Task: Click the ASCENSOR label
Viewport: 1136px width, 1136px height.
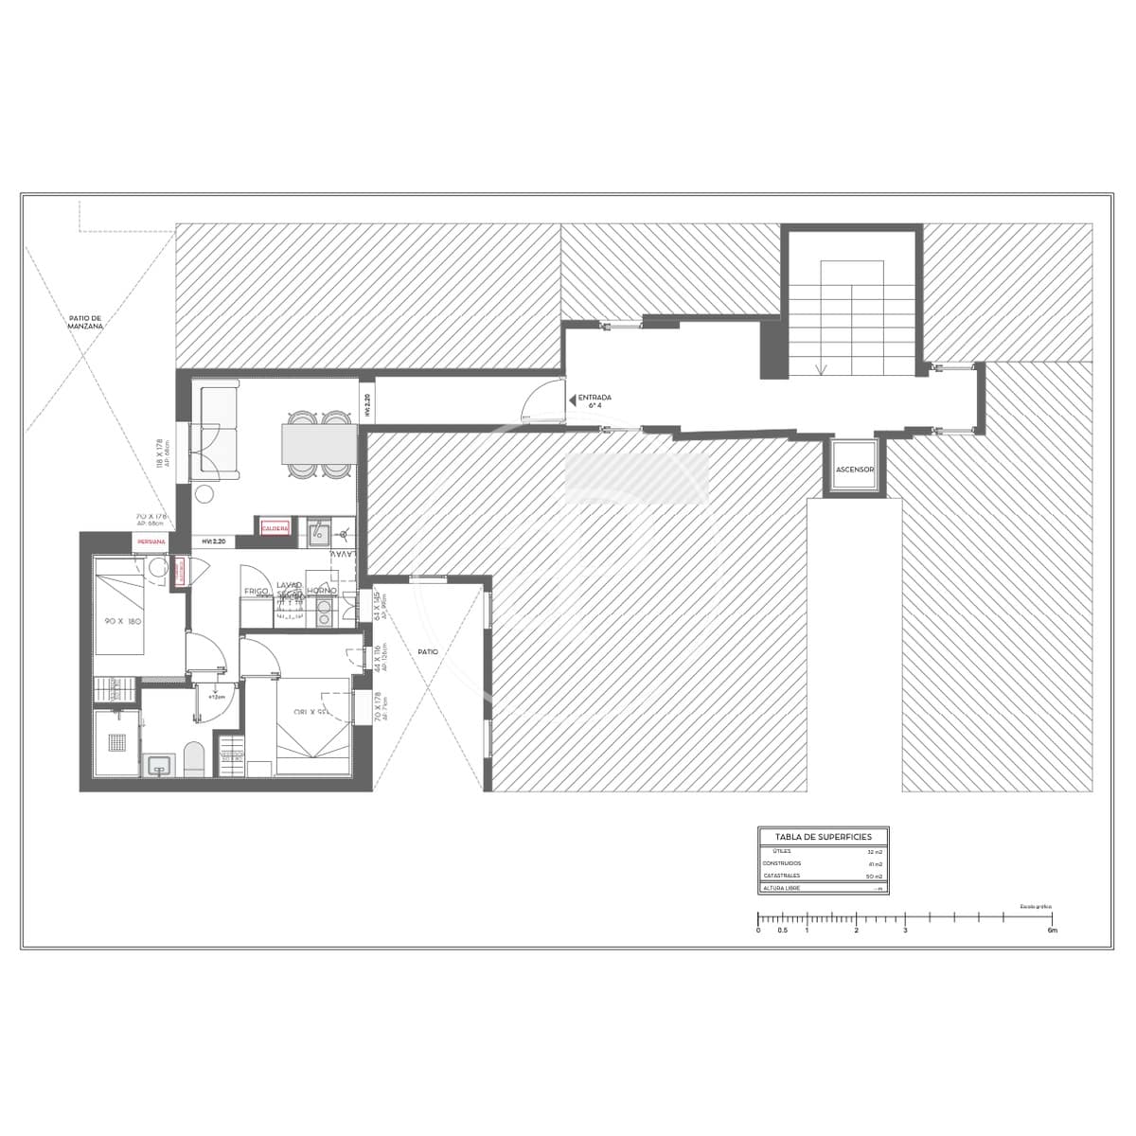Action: [x=855, y=470]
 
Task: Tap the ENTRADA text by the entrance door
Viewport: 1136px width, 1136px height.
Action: [x=594, y=398]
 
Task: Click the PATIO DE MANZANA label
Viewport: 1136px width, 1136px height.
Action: [x=85, y=322]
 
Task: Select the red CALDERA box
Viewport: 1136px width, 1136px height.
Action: [x=275, y=528]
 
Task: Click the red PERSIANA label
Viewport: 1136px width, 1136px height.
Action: [x=151, y=541]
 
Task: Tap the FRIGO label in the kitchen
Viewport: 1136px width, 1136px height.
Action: [x=257, y=591]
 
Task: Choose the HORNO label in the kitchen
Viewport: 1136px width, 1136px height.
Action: [x=322, y=591]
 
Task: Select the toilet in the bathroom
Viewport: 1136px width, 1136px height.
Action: [x=193, y=759]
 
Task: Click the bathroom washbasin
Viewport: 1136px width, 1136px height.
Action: [x=158, y=765]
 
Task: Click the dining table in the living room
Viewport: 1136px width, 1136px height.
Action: [x=318, y=443]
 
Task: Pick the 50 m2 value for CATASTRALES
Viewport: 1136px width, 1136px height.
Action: [x=874, y=877]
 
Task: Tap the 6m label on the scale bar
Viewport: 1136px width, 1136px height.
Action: [x=1052, y=931]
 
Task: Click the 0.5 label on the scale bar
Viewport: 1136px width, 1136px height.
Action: [x=782, y=931]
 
